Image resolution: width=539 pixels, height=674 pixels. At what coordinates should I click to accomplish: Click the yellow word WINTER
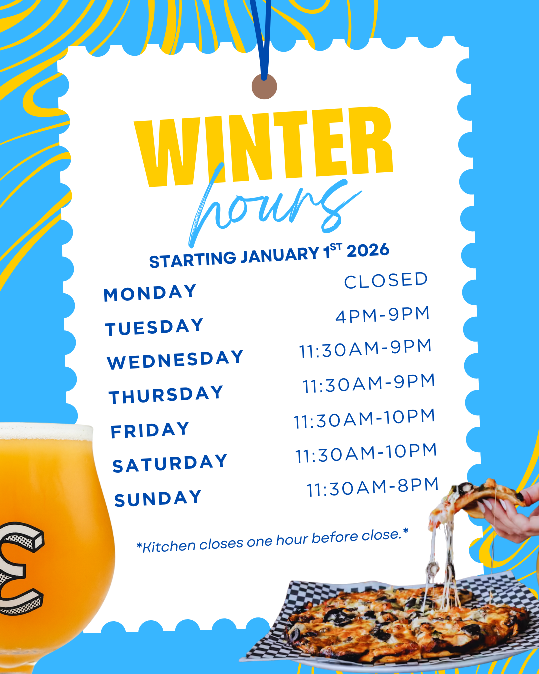pyautogui.click(x=264, y=147)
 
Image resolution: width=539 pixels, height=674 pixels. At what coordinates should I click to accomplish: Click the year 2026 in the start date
pyautogui.click(x=368, y=250)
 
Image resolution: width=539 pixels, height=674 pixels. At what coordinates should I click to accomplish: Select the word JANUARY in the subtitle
pyautogui.click(x=279, y=255)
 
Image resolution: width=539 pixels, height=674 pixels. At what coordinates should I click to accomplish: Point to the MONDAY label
pyautogui.click(x=150, y=293)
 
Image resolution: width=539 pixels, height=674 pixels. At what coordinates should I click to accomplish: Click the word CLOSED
pyautogui.click(x=386, y=280)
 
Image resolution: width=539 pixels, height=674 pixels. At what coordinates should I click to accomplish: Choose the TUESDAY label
pyautogui.click(x=154, y=327)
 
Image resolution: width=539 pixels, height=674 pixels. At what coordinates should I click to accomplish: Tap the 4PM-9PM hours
pyautogui.click(x=382, y=315)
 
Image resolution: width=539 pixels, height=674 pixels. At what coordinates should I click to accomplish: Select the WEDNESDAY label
pyautogui.click(x=175, y=360)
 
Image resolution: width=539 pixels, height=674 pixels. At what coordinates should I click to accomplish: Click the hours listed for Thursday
pyautogui.click(x=369, y=383)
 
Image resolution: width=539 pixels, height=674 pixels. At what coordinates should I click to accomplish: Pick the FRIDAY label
pyautogui.click(x=150, y=430)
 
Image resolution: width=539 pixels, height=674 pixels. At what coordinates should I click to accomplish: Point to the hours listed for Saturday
pyautogui.click(x=366, y=453)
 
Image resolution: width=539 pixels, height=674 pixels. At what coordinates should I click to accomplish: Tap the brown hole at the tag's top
pyautogui.click(x=265, y=87)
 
